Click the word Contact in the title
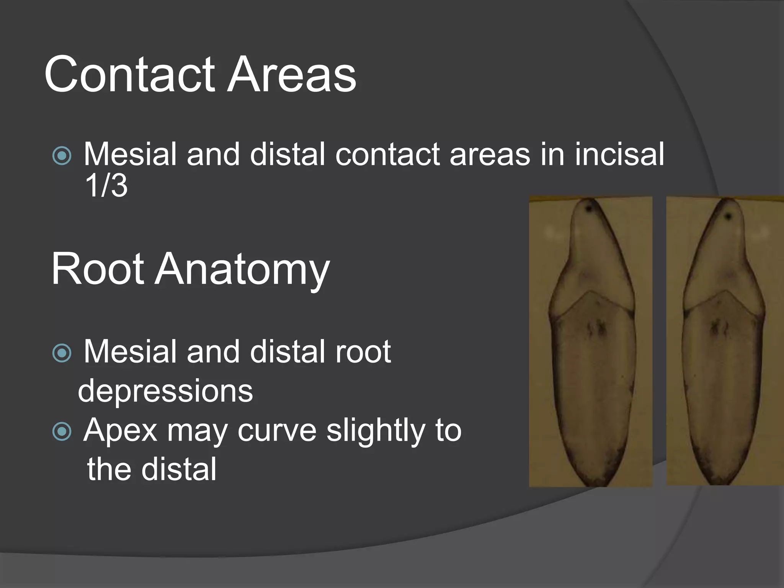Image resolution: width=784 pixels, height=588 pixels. pyautogui.click(x=130, y=74)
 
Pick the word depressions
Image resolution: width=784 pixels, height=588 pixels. pyautogui.click(x=165, y=391)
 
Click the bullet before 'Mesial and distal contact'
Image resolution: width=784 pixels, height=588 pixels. pyautogui.click(x=62, y=156)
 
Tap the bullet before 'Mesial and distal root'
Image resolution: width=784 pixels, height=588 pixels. pyautogui.click(x=62, y=353)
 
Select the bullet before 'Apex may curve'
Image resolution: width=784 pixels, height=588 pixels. pyautogui.click(x=62, y=431)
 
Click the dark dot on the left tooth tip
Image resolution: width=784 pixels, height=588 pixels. pyautogui.click(x=589, y=209)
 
